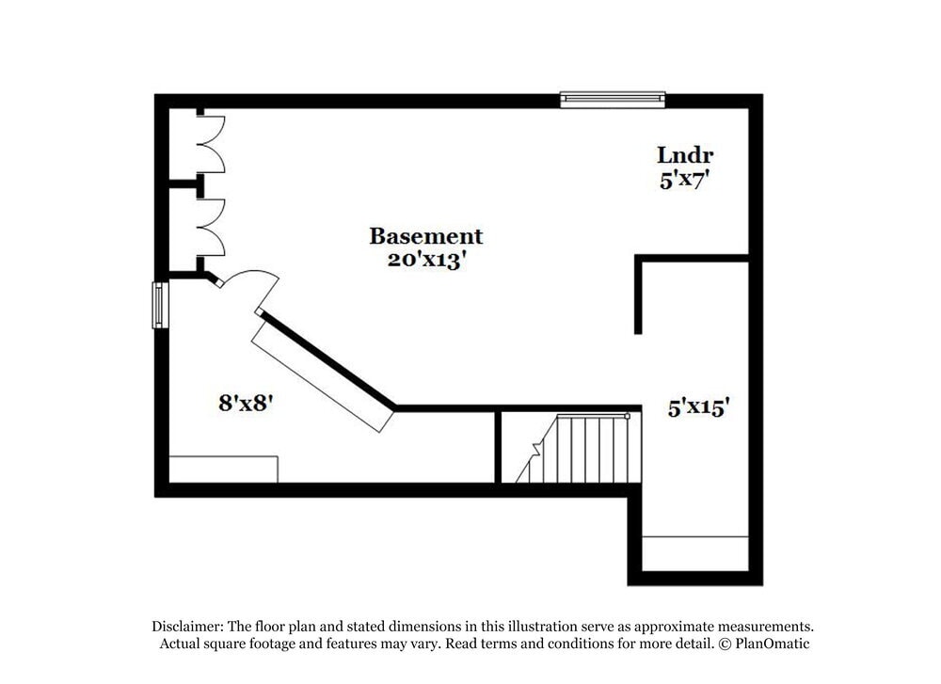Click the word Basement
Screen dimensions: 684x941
(425, 236)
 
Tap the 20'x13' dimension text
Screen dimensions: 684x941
(425, 261)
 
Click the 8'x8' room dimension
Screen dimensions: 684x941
(246, 403)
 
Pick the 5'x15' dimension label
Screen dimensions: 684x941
(699, 408)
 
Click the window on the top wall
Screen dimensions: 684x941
(613, 99)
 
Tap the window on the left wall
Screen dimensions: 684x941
(161, 306)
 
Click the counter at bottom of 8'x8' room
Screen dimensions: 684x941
(223, 469)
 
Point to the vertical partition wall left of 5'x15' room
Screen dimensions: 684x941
(639, 296)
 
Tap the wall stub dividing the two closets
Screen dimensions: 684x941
(184, 184)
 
